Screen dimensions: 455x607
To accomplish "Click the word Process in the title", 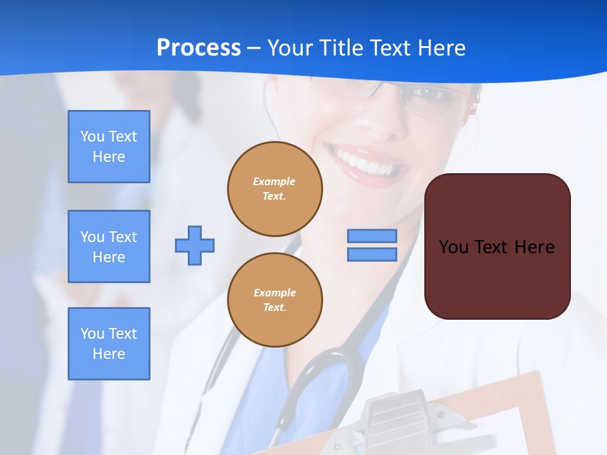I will pyautogui.click(x=199, y=48).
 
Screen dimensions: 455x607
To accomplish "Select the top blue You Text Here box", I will pyautogui.click(x=109, y=147).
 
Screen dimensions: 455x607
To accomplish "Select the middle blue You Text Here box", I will pyautogui.click(x=109, y=246).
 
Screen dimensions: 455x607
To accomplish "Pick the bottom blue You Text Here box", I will pyautogui.click(x=109, y=344).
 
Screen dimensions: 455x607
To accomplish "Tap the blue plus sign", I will pyautogui.click(x=195, y=245).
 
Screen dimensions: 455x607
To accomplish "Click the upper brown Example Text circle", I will pyautogui.click(x=274, y=189).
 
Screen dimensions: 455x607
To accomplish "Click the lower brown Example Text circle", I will pyautogui.click(x=274, y=300).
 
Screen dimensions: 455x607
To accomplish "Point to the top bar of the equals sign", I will pyautogui.click(x=372, y=236).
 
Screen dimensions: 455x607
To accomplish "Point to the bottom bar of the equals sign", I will pyautogui.click(x=372, y=254).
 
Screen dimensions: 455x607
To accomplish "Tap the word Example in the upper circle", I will pyautogui.click(x=274, y=182).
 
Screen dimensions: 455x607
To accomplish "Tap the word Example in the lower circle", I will pyautogui.click(x=274, y=293).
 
